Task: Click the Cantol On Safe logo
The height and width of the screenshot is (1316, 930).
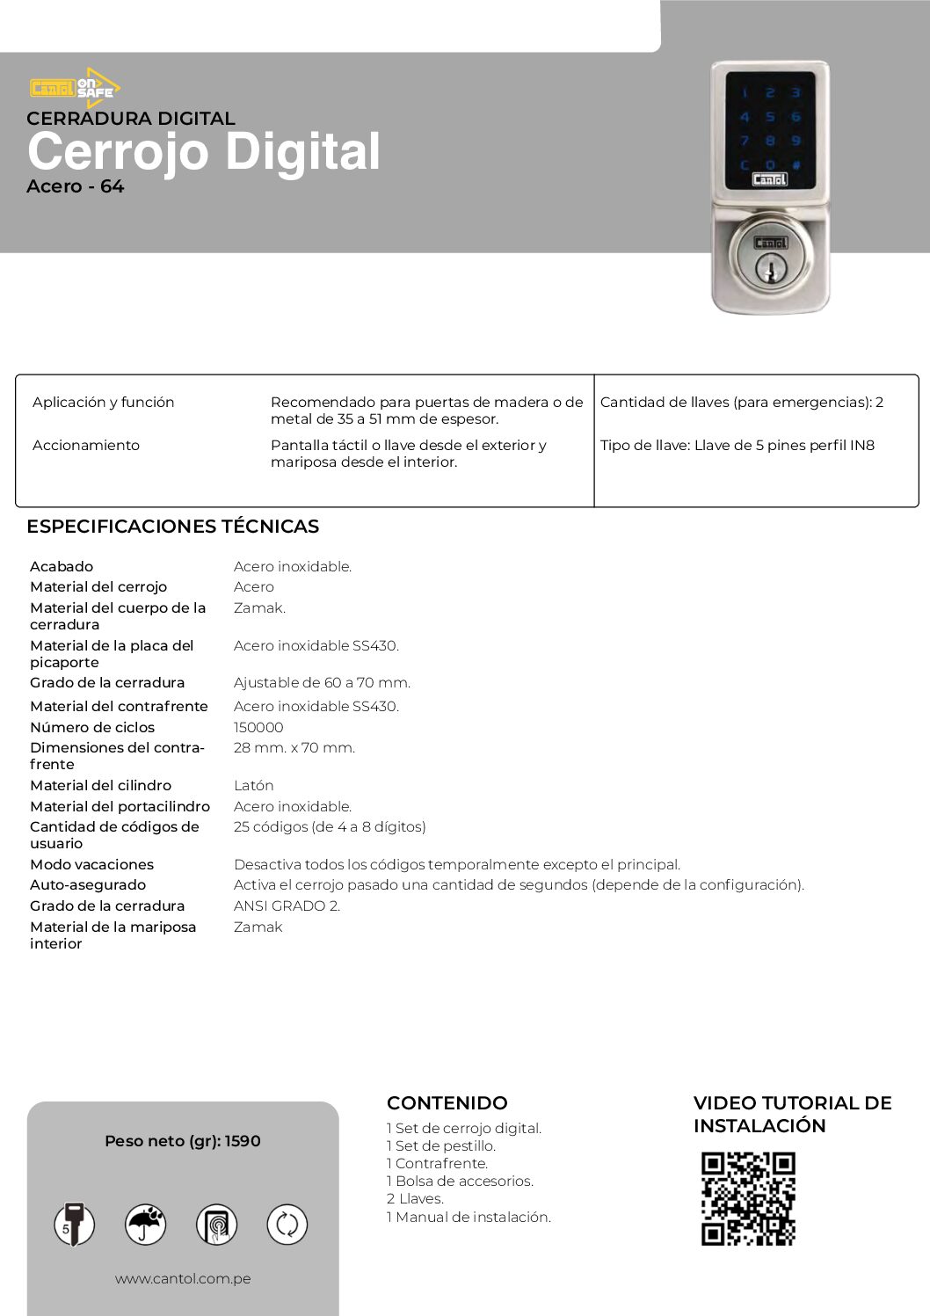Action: [x=75, y=88]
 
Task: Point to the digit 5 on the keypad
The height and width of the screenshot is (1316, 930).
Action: [x=770, y=117]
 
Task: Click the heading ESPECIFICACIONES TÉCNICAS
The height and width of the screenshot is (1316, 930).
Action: [x=172, y=527]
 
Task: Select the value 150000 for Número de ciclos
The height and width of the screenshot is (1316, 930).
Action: [x=258, y=727]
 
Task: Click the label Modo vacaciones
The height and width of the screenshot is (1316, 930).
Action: [x=91, y=864]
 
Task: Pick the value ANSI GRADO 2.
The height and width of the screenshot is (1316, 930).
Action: [x=287, y=905]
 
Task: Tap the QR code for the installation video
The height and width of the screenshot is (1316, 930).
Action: [x=748, y=1198]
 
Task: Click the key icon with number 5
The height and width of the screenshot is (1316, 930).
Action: [x=75, y=1225]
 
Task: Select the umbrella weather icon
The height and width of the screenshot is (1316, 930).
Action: [x=146, y=1225]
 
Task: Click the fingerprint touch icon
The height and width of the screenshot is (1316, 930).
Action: [x=216, y=1225]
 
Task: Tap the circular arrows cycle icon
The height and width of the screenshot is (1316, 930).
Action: [x=287, y=1225]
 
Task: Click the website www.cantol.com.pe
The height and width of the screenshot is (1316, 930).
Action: [x=183, y=1278]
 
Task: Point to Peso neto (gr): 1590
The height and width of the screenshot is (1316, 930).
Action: [x=183, y=1141]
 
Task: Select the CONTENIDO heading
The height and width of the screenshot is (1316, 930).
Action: [x=447, y=1102]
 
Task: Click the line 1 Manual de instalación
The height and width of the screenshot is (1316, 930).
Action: [x=469, y=1217]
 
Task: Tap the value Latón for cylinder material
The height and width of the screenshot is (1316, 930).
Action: [x=253, y=785]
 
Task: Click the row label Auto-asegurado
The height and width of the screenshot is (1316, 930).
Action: [x=88, y=884]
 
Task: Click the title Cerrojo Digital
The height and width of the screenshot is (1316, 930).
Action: [x=204, y=151]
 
